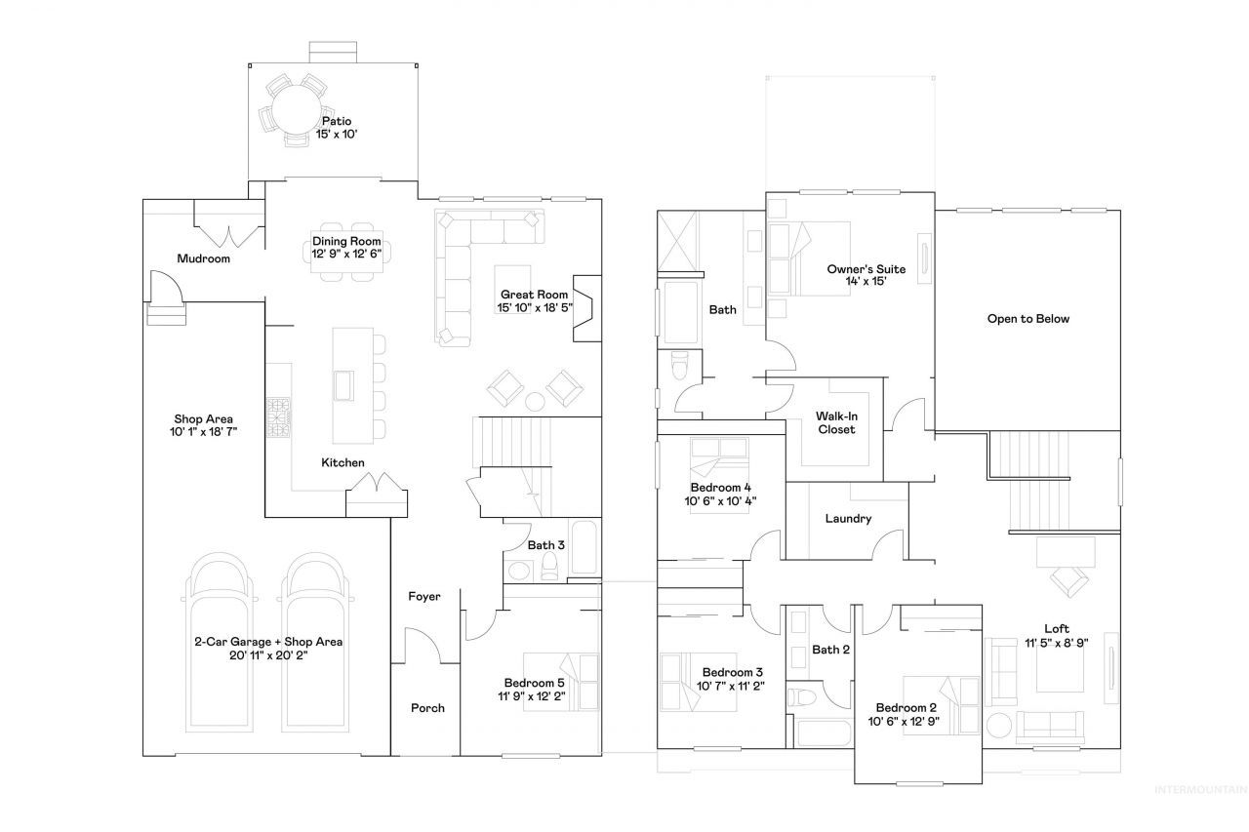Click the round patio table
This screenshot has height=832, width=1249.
click(296, 109)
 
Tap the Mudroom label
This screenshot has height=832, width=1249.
click(204, 258)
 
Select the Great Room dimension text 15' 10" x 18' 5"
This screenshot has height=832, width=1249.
click(535, 307)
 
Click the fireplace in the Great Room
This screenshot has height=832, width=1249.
click(587, 308)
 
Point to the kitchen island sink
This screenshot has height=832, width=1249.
click(343, 385)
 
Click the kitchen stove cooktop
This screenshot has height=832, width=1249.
click(278, 416)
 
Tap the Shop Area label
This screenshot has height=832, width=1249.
click(204, 419)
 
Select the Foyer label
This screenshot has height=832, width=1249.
click(424, 596)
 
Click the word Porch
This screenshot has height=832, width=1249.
click(427, 708)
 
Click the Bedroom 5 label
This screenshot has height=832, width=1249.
click(534, 683)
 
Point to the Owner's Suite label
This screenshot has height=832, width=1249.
click(866, 269)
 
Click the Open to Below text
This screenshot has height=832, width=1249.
click(1028, 319)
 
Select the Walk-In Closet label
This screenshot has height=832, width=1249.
click(836, 423)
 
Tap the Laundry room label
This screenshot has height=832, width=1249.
click(848, 519)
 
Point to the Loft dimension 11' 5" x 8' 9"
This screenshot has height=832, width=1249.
click(1057, 643)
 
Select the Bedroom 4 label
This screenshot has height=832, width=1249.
click(720, 488)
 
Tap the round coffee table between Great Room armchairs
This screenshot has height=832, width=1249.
click(535, 401)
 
